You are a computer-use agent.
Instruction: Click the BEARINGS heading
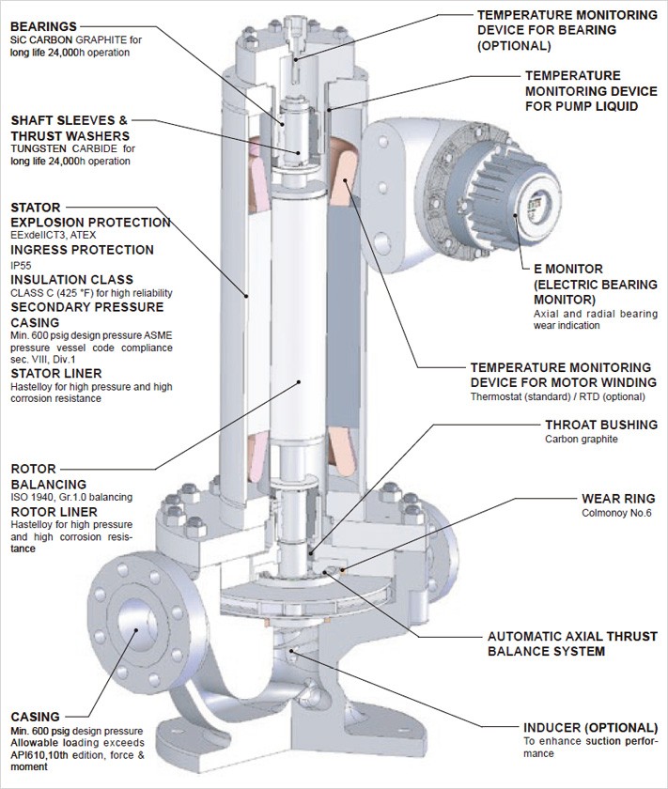pos(43,25)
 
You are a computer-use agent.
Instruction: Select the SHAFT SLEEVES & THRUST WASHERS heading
pos(69,127)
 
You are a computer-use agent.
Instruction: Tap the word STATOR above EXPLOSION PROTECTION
pos(36,207)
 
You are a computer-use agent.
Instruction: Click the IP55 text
pos(21,266)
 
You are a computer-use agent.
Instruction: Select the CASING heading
pos(35,717)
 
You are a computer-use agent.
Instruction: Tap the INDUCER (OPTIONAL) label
pos(590,727)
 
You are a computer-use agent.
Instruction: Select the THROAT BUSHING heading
pos(601,425)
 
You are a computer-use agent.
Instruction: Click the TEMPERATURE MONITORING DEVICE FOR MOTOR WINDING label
pos(560,373)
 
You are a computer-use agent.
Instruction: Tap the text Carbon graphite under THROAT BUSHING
pos(582,439)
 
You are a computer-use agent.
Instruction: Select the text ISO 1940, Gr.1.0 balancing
pos(70,496)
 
